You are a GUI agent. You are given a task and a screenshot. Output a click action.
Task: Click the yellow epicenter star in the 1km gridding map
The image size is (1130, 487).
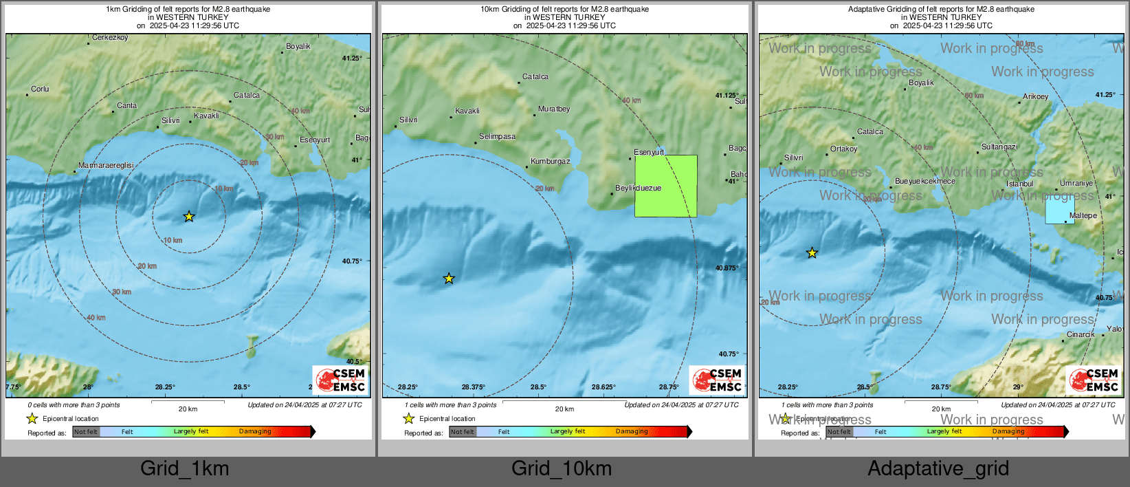pos(189,217)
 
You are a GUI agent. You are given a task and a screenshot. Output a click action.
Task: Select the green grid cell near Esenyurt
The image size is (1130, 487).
pos(665,186)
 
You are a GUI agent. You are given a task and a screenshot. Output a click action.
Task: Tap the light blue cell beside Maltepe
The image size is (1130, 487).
pos(1059,208)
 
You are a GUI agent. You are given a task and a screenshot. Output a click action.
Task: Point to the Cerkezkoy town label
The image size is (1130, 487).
pos(110,38)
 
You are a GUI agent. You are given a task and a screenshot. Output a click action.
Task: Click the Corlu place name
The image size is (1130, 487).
pos(40,89)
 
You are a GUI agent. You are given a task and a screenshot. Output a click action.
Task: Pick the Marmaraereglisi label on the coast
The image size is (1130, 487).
pos(106,166)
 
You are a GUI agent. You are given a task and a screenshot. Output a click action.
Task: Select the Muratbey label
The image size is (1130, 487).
pos(554,109)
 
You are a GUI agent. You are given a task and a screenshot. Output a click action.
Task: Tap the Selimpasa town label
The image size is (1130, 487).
pos(497,137)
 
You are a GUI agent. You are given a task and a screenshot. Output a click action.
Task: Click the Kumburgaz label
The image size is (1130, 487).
pos(551,162)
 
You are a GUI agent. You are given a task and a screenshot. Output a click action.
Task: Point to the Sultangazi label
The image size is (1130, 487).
pos(999,147)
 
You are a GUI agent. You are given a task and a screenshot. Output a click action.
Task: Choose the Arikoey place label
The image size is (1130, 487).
pos(1035,97)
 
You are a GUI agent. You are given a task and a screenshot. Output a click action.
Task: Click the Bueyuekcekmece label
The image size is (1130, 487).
pos(924,182)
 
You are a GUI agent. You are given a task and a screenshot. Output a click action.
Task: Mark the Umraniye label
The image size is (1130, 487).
pos(1076,184)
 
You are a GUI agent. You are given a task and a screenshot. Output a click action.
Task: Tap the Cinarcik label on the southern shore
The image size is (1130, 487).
pos(1081,335)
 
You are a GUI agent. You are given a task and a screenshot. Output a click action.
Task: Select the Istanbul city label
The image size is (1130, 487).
pos(1019,184)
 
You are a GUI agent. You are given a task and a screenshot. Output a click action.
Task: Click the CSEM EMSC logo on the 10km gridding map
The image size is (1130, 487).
pos(717,380)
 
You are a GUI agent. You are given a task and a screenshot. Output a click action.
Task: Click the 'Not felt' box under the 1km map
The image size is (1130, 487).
pos(86,432)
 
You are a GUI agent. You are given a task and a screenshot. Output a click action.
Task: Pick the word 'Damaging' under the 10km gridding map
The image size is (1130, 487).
pos(632,432)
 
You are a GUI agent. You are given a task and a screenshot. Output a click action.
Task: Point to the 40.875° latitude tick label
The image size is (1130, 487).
pos(727,268)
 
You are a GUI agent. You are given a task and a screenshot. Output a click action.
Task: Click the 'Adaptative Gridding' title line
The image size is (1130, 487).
pos(941,10)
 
